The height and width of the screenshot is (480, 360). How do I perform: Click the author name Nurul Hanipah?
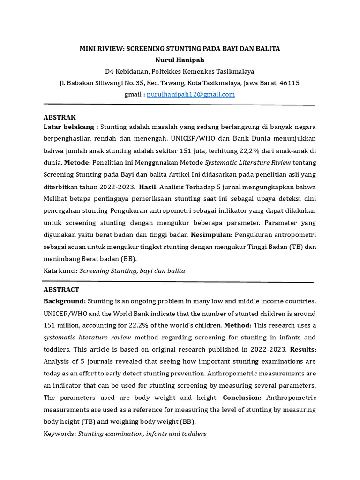(180, 60)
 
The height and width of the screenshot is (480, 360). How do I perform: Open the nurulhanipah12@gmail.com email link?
(190, 94)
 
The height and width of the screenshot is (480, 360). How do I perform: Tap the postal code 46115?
(289, 83)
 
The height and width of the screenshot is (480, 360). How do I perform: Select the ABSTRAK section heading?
(60, 117)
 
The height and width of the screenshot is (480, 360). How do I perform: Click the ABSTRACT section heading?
(61, 290)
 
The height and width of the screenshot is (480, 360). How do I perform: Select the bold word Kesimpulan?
(212, 234)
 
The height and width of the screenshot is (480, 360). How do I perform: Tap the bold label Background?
(65, 301)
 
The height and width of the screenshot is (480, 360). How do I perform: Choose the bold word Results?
(303, 349)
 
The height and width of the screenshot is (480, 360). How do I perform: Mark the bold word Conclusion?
(242, 397)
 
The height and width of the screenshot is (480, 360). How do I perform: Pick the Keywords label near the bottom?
(60, 434)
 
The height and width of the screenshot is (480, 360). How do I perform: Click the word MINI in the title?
(89, 49)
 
